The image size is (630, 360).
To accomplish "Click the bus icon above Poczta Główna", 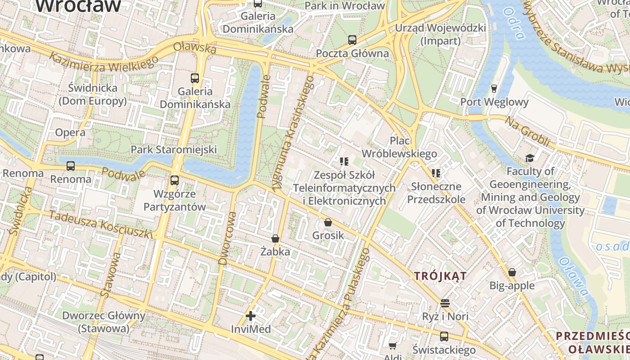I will [352, 40].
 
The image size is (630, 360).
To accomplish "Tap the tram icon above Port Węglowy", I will [494, 88].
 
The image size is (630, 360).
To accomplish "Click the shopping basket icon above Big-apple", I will [512, 272].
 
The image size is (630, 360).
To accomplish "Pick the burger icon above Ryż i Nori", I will [445, 303].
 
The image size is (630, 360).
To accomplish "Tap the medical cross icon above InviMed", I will [251, 316].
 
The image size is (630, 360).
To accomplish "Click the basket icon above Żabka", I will [275, 238].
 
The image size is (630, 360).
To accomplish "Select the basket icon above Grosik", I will [328, 222].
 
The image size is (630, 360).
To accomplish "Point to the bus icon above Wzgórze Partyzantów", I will [175, 180].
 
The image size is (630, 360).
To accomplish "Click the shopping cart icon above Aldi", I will [392, 346].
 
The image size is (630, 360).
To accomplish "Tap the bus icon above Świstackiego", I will [444, 336].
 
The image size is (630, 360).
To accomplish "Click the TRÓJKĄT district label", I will [441, 276].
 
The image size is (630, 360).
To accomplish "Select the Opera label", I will [70, 132].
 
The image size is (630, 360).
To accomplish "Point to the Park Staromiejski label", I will [174, 149].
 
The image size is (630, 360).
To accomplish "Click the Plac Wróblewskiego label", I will [399, 147].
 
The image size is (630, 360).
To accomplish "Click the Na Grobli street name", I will [527, 131].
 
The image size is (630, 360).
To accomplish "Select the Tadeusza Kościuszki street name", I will [101, 224].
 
